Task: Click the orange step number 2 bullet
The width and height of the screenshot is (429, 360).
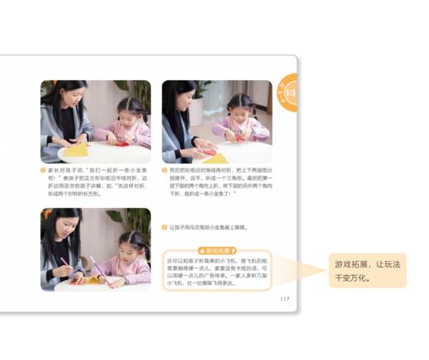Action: coord(43,170)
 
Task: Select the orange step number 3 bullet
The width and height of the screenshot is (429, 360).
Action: coord(164,170)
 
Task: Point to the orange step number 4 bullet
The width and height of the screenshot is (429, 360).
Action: coord(164,226)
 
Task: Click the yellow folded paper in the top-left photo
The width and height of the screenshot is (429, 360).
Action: coord(76,149)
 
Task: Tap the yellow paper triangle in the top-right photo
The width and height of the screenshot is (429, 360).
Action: coord(216,157)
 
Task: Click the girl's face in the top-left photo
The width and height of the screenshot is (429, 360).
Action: coord(130,111)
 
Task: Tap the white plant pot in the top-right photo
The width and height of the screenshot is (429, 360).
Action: coord(196,113)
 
